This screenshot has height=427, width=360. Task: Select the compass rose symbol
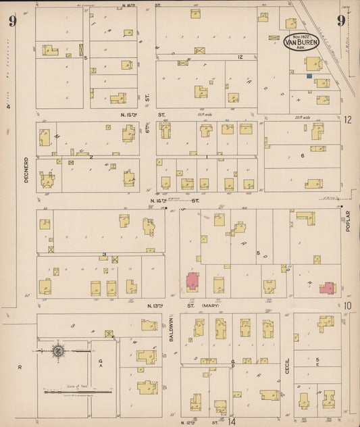(x=59, y=351)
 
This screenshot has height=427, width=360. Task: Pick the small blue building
(x=308, y=76)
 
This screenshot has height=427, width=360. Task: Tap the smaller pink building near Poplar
(x=327, y=288)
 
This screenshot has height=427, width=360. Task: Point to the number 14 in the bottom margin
(x=232, y=422)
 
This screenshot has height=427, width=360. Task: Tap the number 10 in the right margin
(x=347, y=305)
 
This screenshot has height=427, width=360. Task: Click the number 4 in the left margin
(x=9, y=107)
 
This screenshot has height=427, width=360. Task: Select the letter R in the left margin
(x=20, y=366)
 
